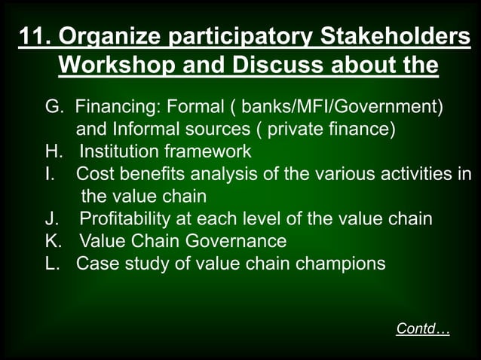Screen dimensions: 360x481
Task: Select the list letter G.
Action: pos(54,106)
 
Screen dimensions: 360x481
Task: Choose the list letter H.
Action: pos(52,151)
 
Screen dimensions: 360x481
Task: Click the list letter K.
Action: pos(53,242)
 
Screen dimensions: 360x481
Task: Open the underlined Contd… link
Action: pos(422,329)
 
